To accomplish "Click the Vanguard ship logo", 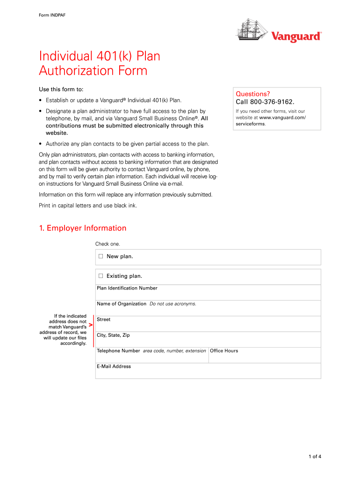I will tap(252, 29).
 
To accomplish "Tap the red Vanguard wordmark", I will tap(297, 36).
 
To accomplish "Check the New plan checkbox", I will tap(101, 256).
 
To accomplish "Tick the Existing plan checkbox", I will tap(101, 276).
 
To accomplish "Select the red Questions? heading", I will tap(253, 94).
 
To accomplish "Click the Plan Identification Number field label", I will tap(127, 288).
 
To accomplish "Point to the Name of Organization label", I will tap(122, 304).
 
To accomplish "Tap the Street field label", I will tap(103, 319).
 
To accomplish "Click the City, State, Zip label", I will tap(113, 335).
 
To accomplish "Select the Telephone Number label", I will tap(118, 351).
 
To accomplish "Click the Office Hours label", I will tap(224, 351).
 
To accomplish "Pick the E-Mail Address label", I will tap(114, 367).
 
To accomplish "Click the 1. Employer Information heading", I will tap(83, 228).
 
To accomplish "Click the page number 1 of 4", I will tap(314, 457).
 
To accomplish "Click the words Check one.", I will tap(108, 244).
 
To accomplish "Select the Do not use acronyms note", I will tap(173, 304).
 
